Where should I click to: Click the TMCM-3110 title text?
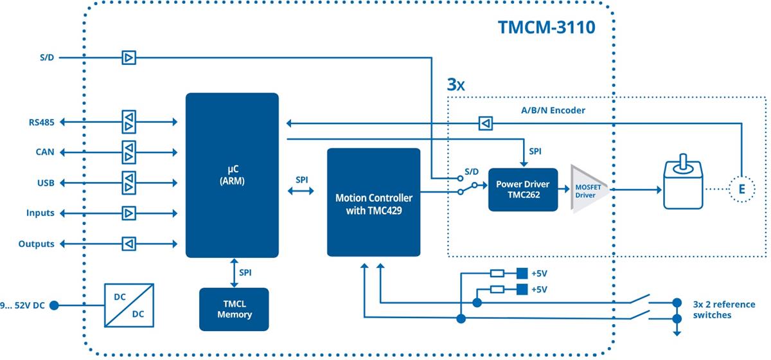pos(546,28)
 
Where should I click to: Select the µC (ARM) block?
pos(232,175)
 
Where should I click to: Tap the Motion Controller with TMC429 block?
pos(373,203)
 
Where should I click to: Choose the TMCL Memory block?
pos(234,309)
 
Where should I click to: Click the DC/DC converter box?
pos(128,305)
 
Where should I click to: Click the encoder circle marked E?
pos(742,190)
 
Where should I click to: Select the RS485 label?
pos(41,121)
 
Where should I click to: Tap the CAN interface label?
pos(45,152)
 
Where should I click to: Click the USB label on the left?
pos(45,183)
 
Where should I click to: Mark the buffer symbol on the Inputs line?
pos(129,213)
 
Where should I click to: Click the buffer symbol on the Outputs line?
pos(129,244)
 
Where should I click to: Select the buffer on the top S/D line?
pos(129,59)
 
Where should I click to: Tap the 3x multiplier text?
pos(456,84)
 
